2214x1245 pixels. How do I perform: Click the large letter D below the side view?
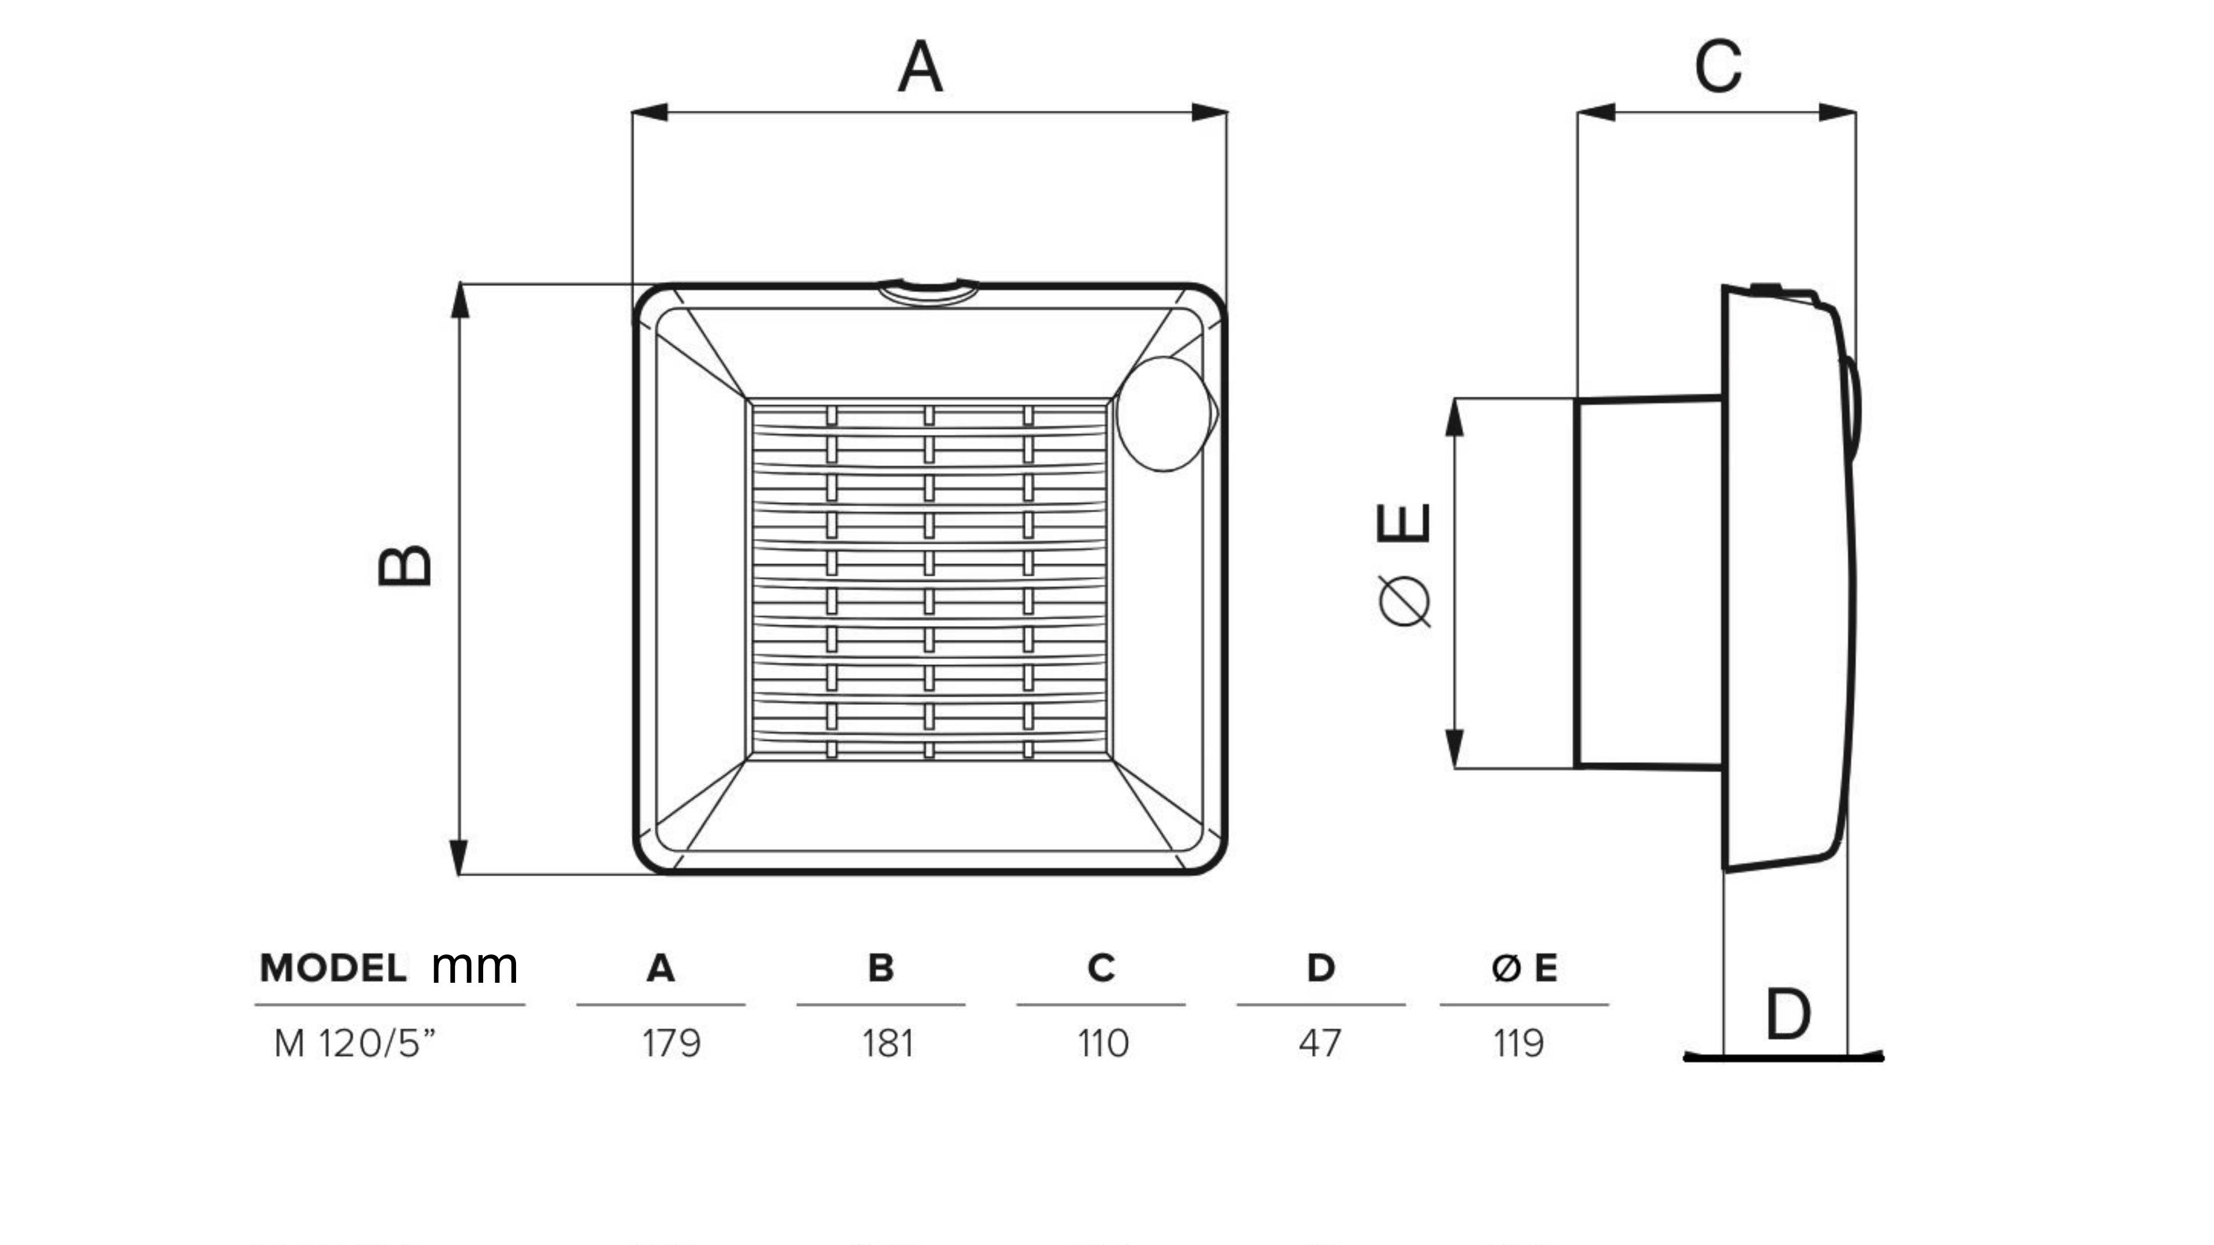point(1788,1014)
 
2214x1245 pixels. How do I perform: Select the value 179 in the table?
point(671,1044)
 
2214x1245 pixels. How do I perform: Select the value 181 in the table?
point(888,1044)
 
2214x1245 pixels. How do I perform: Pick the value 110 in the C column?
point(1103,1044)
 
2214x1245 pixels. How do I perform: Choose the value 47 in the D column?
point(1319,1044)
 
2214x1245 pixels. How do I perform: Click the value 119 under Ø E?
point(1519,1044)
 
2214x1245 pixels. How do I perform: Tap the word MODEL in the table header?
point(333,968)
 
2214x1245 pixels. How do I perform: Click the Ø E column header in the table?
point(1524,968)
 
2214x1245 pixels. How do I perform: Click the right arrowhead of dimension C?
point(1838,112)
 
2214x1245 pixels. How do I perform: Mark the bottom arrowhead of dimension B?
point(460,856)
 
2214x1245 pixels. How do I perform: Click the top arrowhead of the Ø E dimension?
point(1454,417)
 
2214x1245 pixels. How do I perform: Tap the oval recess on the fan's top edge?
point(928,292)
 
